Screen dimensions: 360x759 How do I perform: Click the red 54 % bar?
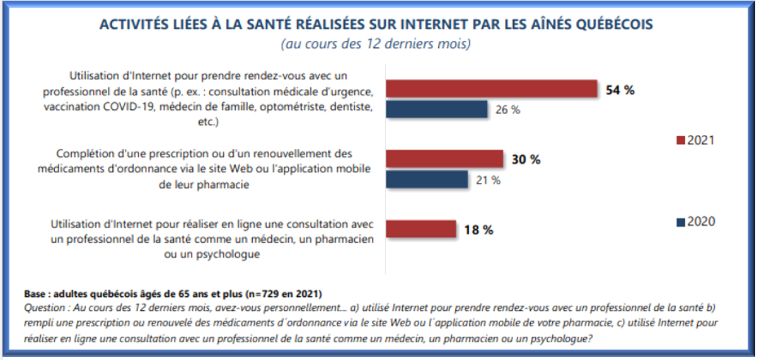pyautogui.click(x=492, y=89)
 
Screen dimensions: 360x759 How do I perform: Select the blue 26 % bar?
pyautogui.click(x=437, y=109)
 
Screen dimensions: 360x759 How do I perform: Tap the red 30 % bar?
pyautogui.click(x=444, y=159)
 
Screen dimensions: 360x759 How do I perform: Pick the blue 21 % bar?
pyautogui.click(x=427, y=179)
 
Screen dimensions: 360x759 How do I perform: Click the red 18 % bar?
pyautogui.click(x=420, y=229)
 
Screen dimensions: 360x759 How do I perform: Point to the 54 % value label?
pyautogui.click(x=620, y=90)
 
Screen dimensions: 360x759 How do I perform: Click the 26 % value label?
pyautogui.click(x=507, y=110)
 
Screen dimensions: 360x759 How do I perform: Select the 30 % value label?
pyautogui.click(x=526, y=160)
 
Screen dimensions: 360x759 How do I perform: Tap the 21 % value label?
pyautogui.click(x=488, y=180)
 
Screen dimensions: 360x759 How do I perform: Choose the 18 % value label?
pyautogui.click(x=478, y=230)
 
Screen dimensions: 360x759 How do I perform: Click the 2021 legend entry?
pyautogui.click(x=695, y=141)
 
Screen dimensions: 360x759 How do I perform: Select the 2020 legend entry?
pyautogui.click(x=695, y=222)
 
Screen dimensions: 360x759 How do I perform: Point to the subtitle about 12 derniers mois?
pyautogui.click(x=376, y=45)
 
